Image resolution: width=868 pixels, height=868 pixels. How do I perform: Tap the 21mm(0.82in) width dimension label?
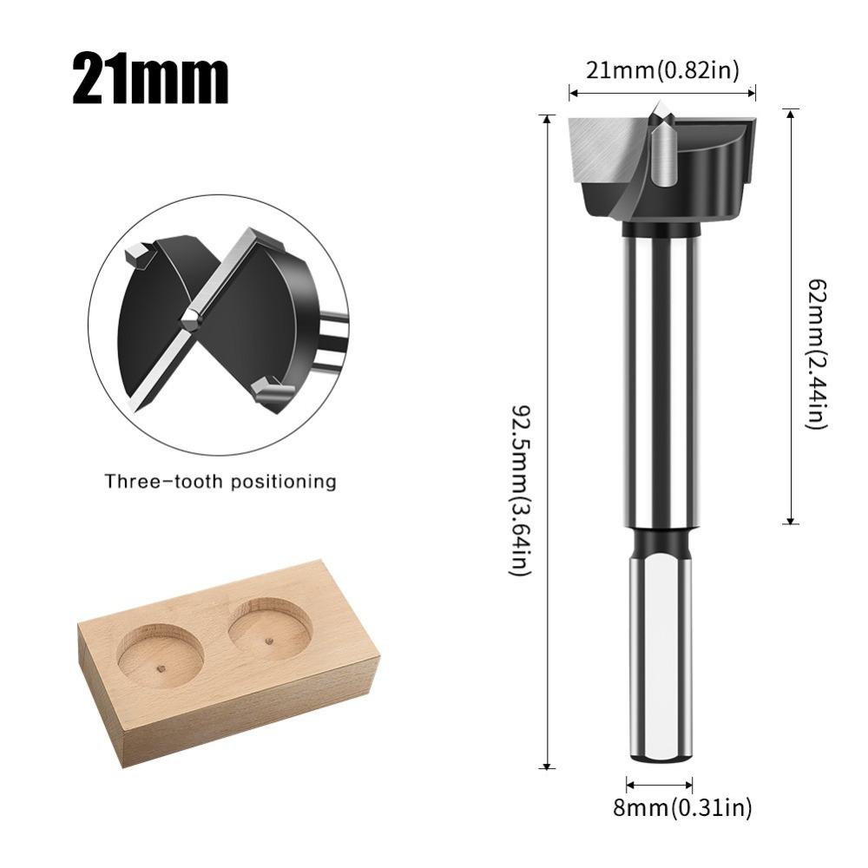click(662, 70)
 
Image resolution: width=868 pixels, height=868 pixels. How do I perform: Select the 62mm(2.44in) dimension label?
click(815, 352)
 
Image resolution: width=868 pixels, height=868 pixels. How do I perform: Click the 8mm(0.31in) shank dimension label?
click(682, 808)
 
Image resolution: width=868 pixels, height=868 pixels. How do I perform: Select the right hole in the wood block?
click(270, 628)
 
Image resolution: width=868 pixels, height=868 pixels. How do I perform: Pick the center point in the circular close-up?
click(190, 319)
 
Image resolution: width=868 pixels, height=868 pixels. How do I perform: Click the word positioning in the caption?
click(286, 481)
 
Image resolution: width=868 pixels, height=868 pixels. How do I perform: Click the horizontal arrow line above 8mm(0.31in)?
click(659, 784)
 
